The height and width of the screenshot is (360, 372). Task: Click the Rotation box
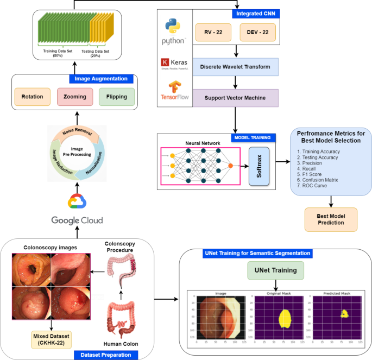click(32, 97)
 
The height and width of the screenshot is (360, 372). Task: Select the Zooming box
click(75, 97)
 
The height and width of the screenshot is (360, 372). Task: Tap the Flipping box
click(116, 97)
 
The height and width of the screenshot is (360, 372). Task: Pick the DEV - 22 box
click(257, 33)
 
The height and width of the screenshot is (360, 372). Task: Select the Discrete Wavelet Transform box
click(236, 67)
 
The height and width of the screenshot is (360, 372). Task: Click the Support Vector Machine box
click(236, 98)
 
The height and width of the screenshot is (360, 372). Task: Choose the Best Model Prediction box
click(331, 219)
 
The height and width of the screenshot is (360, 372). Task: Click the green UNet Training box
click(276, 270)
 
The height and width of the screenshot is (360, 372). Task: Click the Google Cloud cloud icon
click(77, 201)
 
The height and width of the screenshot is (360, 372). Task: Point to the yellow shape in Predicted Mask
click(344, 313)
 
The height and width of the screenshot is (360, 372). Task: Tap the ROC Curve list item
click(322, 185)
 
